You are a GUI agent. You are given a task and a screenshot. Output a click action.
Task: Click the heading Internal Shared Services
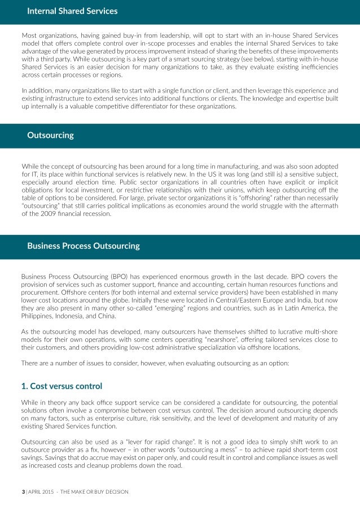72,11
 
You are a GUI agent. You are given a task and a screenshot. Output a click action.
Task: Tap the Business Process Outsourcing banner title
84,246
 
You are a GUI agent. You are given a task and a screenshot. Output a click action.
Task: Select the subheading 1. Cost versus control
62,386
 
